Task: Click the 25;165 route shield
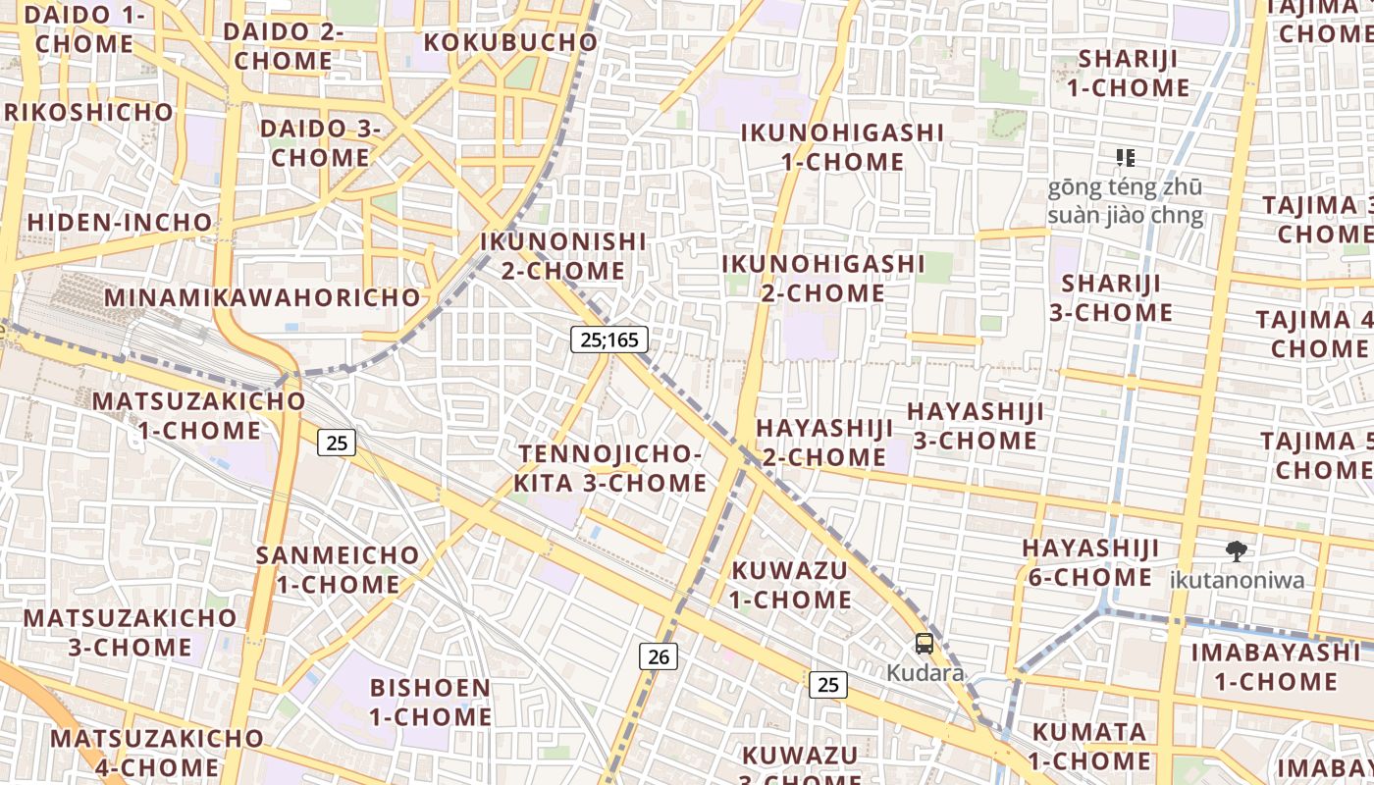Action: tap(609, 340)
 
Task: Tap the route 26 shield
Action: tap(659, 656)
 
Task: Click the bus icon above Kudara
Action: tap(925, 644)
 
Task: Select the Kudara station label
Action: tap(925, 673)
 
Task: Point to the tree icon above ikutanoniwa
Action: tap(1236, 550)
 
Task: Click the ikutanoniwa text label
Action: tap(1237, 580)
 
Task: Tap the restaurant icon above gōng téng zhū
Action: tap(1126, 157)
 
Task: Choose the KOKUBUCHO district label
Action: tap(510, 43)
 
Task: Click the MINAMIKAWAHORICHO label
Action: tap(262, 297)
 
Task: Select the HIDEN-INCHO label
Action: tap(120, 223)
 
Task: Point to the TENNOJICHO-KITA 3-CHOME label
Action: tap(610, 468)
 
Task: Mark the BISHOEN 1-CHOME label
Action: tap(431, 702)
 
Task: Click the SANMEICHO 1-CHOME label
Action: tap(338, 569)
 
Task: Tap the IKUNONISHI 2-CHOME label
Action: tap(563, 256)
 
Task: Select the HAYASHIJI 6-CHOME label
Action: tap(1090, 562)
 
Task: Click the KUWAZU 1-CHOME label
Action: tap(790, 584)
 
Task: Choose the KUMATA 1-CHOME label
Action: tap(1089, 746)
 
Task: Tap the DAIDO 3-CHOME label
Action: tap(320, 143)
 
